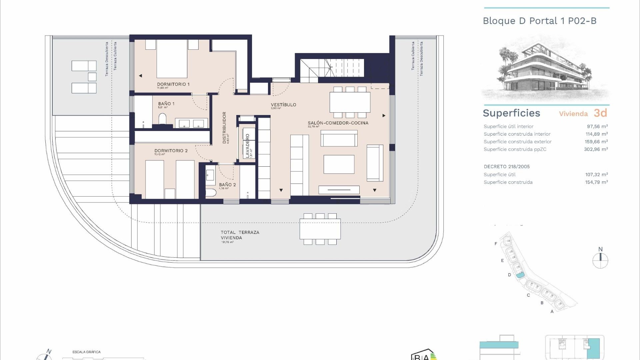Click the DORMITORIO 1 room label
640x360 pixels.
[x=173, y=84]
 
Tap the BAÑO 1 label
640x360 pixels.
[x=166, y=104]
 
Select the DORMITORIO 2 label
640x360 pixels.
[x=171, y=151]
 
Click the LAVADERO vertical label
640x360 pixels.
[x=247, y=146]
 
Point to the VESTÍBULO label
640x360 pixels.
[x=283, y=105]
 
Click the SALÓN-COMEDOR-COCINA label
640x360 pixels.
[x=338, y=123]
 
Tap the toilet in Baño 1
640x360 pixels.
[x=162, y=119]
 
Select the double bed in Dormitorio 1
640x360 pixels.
[x=172, y=59]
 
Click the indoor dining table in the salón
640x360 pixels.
[x=350, y=102]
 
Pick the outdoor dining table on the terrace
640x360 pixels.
[x=320, y=229]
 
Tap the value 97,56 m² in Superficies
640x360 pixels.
[x=597, y=126]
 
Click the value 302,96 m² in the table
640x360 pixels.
[x=596, y=149]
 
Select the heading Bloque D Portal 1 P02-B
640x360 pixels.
[x=539, y=21]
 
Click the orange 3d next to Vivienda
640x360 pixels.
[x=600, y=113]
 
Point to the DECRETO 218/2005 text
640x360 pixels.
[x=506, y=167]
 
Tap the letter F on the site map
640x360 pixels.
[x=496, y=244]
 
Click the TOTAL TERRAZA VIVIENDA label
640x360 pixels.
[x=240, y=235]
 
